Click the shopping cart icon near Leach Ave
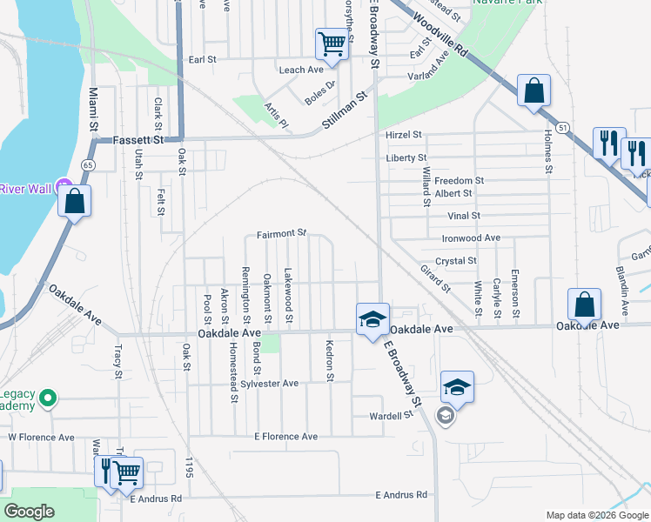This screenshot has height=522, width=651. coord(332,43)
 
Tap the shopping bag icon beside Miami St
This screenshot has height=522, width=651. coord(76,201)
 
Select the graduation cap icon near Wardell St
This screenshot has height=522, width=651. coord(457,386)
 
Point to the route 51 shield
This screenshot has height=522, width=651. coord(565,127)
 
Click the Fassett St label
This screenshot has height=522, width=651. coord(140,139)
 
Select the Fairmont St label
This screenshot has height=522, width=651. coord(282,233)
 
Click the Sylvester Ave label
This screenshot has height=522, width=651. coord(270,383)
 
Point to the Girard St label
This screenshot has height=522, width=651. coord(435,278)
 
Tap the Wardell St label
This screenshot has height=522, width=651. coord(391,416)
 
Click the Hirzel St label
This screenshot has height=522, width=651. coord(404,135)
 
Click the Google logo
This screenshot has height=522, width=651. coord(29,512)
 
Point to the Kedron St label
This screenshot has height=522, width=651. coord(330,359)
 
